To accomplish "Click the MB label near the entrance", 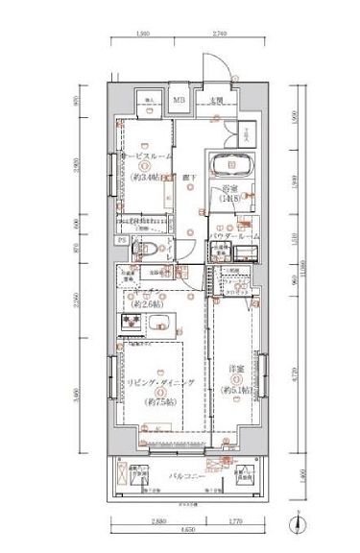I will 180,99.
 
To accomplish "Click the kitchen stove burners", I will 129,322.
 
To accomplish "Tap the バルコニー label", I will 189,474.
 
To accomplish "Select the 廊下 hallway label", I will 189,178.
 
